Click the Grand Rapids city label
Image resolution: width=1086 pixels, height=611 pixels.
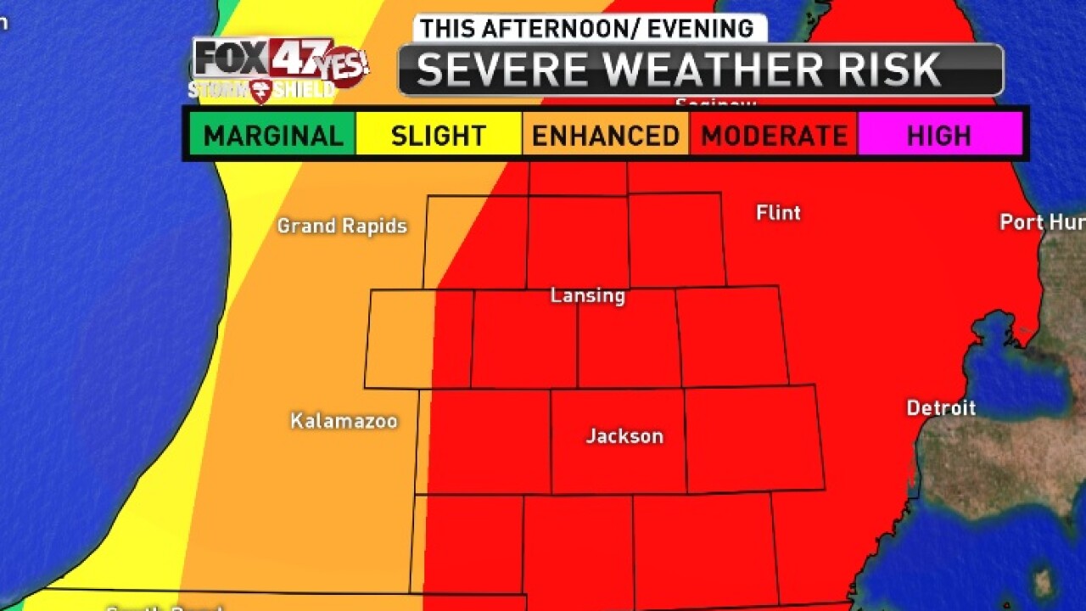tap(342, 226)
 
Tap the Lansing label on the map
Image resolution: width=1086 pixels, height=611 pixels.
tap(587, 295)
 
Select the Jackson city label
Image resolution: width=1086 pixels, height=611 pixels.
tap(624, 436)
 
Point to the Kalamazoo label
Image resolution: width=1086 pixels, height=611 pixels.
tap(344, 421)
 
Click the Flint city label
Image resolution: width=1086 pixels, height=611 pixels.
tap(778, 213)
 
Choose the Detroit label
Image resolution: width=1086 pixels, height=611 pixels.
tap(941, 408)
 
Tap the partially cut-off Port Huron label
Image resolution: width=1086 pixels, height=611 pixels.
tap(1042, 222)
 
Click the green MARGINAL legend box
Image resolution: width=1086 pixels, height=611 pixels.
tap(272, 135)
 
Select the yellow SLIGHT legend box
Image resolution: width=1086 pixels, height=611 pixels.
tap(438, 135)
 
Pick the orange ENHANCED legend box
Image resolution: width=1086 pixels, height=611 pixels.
tap(606, 135)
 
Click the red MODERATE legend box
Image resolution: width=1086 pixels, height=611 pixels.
tap(774, 135)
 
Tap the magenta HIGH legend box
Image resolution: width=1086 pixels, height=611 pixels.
tap(939, 135)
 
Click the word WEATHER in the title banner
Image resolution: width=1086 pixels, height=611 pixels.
tap(715, 70)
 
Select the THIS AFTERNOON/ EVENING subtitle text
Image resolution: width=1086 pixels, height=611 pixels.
tap(587, 28)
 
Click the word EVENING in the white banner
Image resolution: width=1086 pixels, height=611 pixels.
tap(701, 28)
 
